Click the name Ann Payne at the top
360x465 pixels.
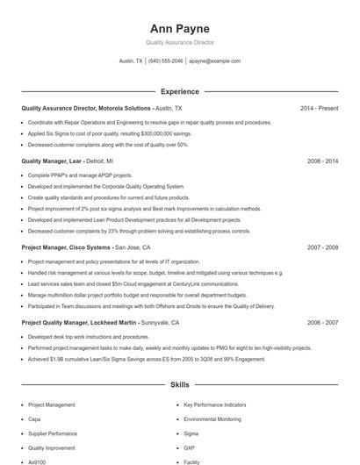(179, 27)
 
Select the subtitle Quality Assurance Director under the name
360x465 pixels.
(179, 42)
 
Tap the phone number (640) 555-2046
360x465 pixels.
(165, 61)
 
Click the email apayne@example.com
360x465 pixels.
(215, 61)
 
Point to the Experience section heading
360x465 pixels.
(179, 91)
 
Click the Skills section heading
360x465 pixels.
(179, 385)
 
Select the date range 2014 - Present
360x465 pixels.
(320, 108)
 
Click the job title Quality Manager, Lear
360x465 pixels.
(51, 161)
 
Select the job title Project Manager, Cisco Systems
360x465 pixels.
(67, 248)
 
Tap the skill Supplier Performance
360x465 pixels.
(53, 433)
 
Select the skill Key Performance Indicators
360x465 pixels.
(215, 405)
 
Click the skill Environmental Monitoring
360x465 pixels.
(212, 419)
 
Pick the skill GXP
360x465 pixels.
(190, 447)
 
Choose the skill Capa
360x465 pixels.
(35, 419)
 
